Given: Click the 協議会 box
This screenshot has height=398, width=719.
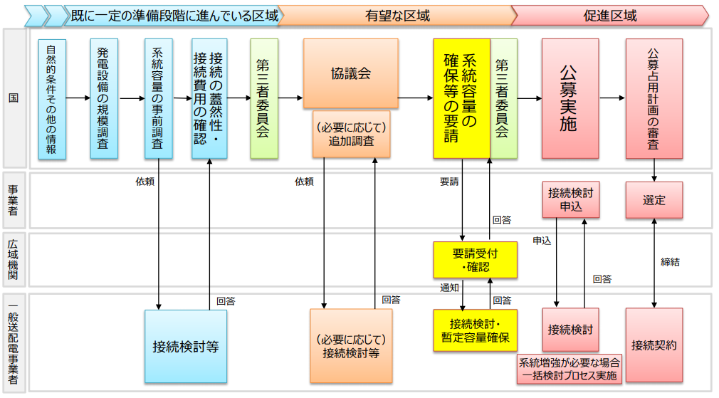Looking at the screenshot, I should tap(350, 73).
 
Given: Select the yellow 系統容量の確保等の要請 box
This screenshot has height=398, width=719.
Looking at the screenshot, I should tap(461, 98).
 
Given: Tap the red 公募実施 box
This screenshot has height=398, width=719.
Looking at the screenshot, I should tap(568, 98).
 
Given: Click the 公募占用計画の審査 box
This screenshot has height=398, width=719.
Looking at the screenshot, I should tap(654, 98).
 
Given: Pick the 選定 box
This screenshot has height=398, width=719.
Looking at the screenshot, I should tap(654, 200).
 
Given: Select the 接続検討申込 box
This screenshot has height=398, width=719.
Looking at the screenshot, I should tap(570, 200).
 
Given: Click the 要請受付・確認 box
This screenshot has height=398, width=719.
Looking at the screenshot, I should tap(475, 259).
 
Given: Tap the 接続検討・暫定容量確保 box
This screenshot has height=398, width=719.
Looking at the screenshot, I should tap(475, 330).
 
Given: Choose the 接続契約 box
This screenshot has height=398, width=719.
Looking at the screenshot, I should tap(654, 346).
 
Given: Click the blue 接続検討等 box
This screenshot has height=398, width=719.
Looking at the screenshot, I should tap(185, 347).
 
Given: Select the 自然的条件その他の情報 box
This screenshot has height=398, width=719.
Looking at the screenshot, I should tap(52, 98).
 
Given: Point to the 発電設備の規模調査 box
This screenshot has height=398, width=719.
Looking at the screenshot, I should tap(104, 98).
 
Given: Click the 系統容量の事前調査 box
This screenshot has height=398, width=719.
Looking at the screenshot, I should tap(158, 98).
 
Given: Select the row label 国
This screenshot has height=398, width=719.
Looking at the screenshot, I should tap(14, 98).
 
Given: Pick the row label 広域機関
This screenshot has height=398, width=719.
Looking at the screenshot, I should tap(14, 259).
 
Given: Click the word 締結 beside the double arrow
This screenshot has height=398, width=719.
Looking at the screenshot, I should tap(670, 262).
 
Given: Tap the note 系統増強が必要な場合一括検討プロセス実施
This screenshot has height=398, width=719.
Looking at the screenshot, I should tap(570, 368).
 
